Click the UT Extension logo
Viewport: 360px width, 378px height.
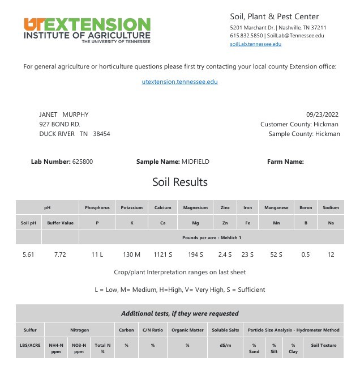coord(87,30)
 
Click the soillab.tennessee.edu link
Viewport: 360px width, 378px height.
coord(255,44)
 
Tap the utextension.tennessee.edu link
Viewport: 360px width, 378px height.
coord(179,82)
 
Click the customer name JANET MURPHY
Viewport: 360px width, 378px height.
coord(63,114)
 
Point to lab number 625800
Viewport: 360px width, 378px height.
coord(83,162)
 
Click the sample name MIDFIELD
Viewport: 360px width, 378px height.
coord(195,162)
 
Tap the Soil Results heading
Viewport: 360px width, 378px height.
coord(179,182)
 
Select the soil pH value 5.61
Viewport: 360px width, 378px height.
coord(28,254)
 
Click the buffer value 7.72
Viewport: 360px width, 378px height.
coord(60,254)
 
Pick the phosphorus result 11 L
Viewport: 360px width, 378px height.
coord(97,254)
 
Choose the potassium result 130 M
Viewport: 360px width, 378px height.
coord(131,254)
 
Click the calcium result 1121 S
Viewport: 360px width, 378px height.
coord(163,254)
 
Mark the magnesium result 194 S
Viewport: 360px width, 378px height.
coord(195,254)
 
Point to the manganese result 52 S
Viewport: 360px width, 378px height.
coord(276,254)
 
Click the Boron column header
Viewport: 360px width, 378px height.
coord(306,208)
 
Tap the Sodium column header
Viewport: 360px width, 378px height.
coord(331,208)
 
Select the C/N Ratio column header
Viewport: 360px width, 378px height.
coord(153,330)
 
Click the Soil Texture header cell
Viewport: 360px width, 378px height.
coord(324,345)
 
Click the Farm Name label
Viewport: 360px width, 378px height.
coord(285,162)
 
